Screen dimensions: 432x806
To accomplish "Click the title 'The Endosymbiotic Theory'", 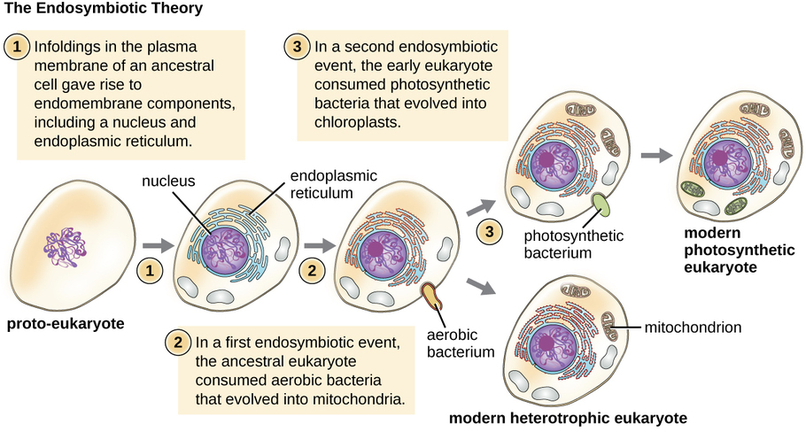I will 103,10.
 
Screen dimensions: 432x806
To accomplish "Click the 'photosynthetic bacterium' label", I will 574,244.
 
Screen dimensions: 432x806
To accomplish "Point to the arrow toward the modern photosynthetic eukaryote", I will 654,153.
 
